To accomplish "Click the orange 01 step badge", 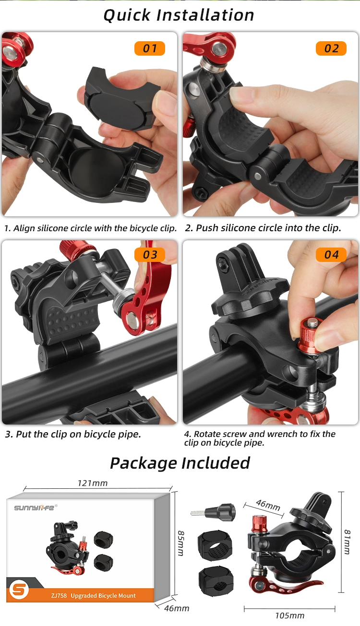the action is (x=150, y=48).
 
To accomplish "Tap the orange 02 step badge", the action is (x=331, y=48).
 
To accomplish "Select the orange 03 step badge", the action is (x=150, y=255).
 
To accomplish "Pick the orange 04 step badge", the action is (x=331, y=255).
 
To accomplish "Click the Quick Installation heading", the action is (x=179, y=15).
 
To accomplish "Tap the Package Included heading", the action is (x=180, y=463).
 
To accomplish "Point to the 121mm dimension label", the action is (x=93, y=483).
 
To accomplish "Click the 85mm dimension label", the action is (x=181, y=543).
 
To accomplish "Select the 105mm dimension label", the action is (x=290, y=615).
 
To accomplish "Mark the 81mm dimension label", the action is (x=347, y=542).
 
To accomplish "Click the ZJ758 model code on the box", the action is (x=59, y=595).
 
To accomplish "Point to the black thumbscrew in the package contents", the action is (x=213, y=511).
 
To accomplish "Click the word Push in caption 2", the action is (x=207, y=228).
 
